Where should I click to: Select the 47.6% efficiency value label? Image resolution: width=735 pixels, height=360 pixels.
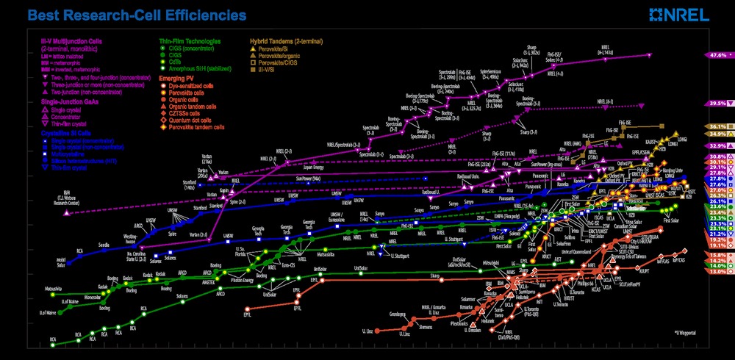[718, 55]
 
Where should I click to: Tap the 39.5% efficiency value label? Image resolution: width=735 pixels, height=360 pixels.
[718, 104]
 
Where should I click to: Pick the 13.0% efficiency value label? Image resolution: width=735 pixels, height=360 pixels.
[718, 271]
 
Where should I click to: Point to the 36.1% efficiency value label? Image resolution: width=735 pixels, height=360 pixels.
[718, 127]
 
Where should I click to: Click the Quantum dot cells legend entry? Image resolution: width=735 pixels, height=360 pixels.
[187, 120]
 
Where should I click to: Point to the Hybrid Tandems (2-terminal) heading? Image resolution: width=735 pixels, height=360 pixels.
[286, 41]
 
